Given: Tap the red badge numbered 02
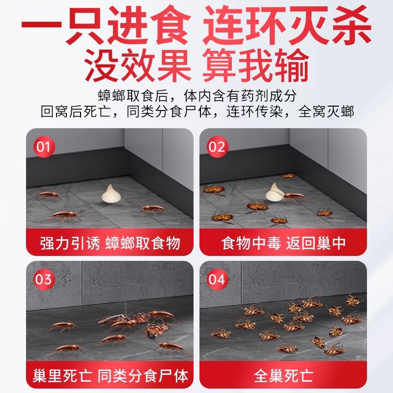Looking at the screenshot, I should pos(217,147).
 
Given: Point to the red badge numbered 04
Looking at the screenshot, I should pos(217,280).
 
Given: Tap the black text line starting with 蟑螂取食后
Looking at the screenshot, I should pos(196,94).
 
